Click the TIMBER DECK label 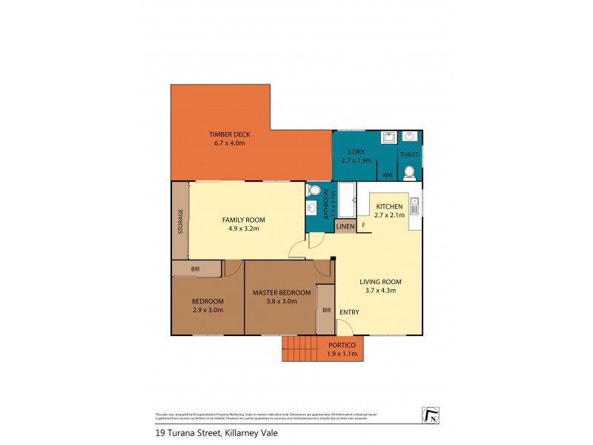(229, 134)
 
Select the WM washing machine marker (386, 175)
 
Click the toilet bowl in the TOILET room (409, 172)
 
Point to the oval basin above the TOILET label (410, 137)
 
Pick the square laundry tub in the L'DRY (388, 137)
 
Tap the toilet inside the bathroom (314, 191)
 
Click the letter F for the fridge (363, 225)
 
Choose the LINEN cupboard (345, 226)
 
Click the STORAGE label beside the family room (180, 222)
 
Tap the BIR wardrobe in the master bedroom (325, 309)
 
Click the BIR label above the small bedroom (195, 268)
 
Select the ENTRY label (349, 311)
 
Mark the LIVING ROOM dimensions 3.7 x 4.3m (380, 291)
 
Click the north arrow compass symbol (430, 416)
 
